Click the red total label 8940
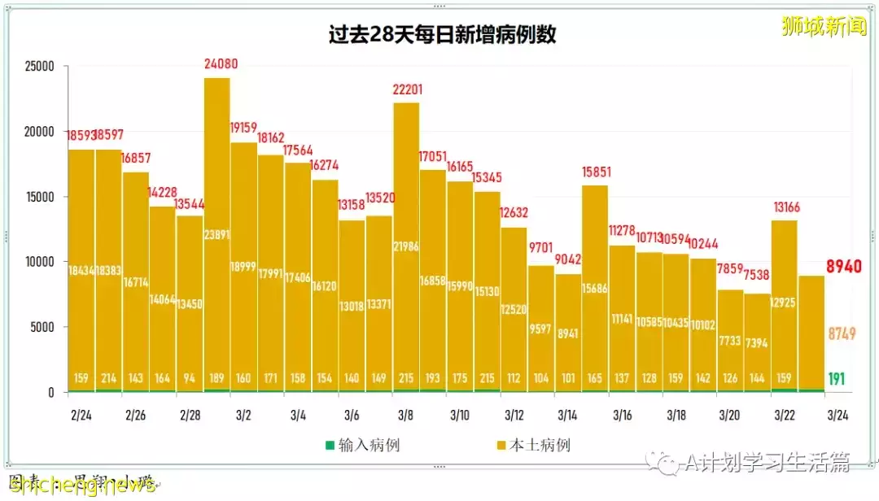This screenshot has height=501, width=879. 844,266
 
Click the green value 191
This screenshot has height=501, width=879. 836,379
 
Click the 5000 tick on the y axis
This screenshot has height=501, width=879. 41,327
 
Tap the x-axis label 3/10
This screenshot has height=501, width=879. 459,415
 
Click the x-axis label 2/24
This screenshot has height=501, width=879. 81,415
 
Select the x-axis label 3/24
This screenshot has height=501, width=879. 837,415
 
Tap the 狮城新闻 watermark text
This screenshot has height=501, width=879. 824,27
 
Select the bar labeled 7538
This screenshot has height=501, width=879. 757,342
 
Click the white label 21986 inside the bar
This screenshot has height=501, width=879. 406,246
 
